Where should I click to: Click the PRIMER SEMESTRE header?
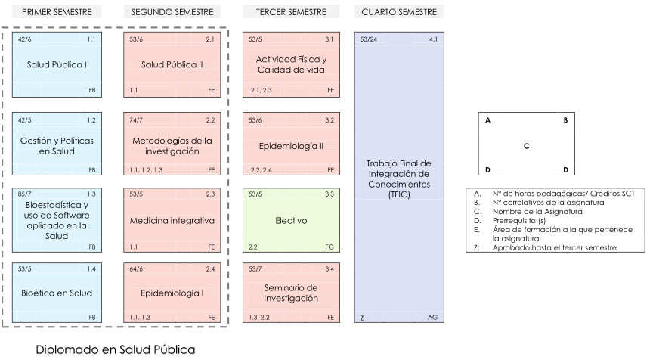[57, 12]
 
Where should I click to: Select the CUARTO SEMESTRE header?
[399, 12]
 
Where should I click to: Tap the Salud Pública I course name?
[57, 64]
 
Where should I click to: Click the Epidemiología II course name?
[291, 146]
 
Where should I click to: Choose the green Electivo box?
[291, 220]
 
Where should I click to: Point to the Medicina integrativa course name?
[172, 220]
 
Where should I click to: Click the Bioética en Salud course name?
[57, 293]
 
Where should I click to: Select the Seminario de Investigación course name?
[291, 293]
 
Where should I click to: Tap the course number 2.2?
[210, 120]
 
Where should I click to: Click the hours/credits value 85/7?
[25, 194]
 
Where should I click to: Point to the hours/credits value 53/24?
[369, 39]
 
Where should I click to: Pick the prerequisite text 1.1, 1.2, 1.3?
[146, 170]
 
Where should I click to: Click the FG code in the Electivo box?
[330, 247]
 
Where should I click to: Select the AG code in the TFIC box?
[433, 318]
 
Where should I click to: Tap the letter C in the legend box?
[526, 146]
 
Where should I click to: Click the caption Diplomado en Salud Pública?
[116, 349]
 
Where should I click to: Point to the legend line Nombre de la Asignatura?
[537, 211]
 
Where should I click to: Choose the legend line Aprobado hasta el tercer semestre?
[554, 247]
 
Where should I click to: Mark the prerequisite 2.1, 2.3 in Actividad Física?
[261, 90]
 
